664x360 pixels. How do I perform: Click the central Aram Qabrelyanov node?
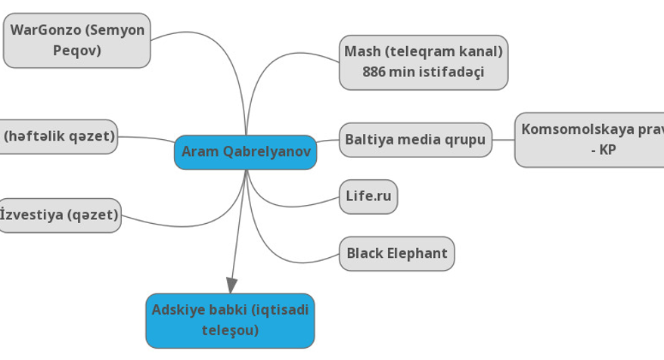click(x=246, y=152)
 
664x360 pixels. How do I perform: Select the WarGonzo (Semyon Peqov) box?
click(x=77, y=41)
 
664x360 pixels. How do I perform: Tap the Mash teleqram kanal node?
click(x=423, y=62)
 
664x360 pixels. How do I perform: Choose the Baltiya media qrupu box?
click(x=415, y=139)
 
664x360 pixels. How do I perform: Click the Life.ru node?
click(x=368, y=197)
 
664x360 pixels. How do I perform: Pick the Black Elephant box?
click(x=397, y=253)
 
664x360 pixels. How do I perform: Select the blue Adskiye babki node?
click(x=230, y=320)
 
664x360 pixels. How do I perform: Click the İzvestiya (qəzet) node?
click(x=60, y=216)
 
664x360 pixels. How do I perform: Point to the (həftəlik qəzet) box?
click(x=59, y=136)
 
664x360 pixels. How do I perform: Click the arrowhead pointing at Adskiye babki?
click(x=231, y=285)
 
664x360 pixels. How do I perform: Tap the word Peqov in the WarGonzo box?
click(x=77, y=51)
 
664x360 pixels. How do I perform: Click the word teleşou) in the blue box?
click(x=230, y=331)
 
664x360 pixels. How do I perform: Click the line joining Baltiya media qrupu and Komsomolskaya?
click(x=503, y=140)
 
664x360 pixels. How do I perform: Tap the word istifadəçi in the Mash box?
click(x=445, y=73)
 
